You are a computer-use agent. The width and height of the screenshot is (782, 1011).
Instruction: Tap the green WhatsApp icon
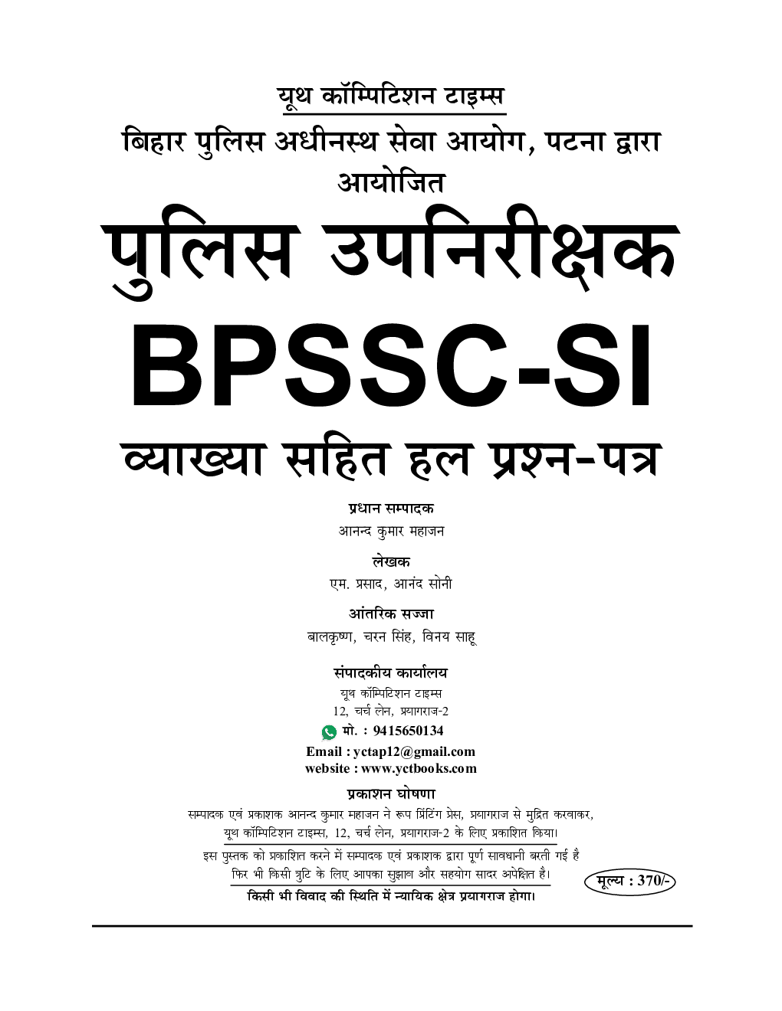(330, 732)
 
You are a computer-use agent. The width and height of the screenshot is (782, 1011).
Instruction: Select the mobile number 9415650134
(408, 731)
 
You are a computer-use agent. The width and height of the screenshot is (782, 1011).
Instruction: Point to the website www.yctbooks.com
(419, 768)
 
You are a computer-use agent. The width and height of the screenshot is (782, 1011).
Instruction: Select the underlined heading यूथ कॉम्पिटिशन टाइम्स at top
(391, 97)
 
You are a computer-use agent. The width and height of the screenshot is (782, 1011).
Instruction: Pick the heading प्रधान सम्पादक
(391, 509)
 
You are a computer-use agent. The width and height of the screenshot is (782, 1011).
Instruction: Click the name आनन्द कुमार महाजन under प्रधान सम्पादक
(391, 531)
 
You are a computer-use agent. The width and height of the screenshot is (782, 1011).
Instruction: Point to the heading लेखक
(391, 561)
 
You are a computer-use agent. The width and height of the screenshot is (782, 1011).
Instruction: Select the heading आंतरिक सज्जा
(391, 614)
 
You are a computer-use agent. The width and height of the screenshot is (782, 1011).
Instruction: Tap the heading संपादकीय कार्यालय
(391, 673)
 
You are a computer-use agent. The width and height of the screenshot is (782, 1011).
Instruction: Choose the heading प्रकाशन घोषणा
(391, 794)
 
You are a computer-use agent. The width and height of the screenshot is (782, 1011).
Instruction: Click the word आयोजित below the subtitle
(391, 182)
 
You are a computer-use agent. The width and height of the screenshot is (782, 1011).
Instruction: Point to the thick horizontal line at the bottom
(392, 926)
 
